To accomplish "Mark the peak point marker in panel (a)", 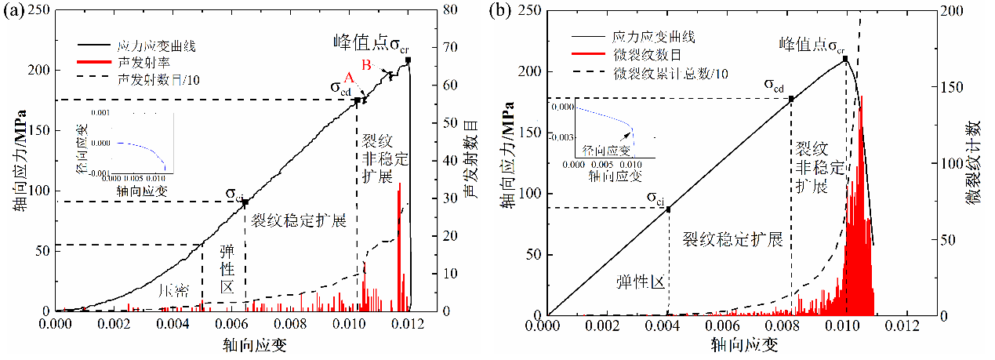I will pyautogui.click(x=408, y=60).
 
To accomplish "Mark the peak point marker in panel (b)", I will pyautogui.click(x=845, y=59).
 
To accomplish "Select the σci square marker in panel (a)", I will pyautogui.click(x=245, y=202).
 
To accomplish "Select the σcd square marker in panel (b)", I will pyautogui.click(x=791, y=99).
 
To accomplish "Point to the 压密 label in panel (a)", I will pyautogui.click(x=173, y=291).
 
